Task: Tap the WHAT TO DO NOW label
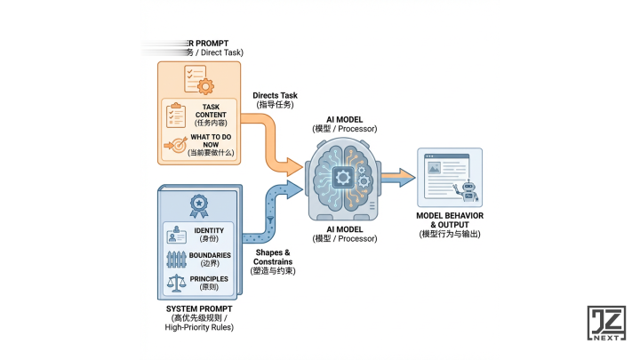coord(209,139)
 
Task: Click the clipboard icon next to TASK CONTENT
coord(177,115)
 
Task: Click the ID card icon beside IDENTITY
coord(176,236)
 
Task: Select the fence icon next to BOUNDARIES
coord(176,260)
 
